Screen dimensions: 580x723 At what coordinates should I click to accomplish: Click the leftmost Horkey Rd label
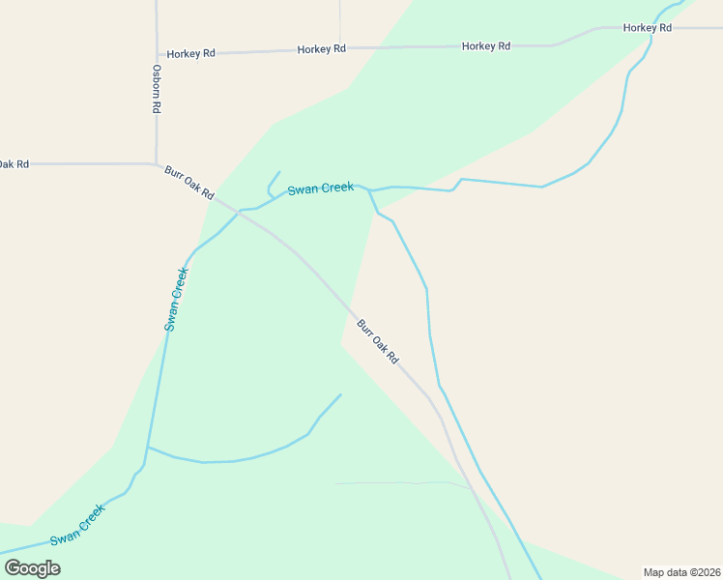click(190, 54)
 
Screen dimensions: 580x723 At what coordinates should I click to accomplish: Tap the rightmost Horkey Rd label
click(647, 28)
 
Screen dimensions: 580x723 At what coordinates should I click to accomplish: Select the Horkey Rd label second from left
click(322, 49)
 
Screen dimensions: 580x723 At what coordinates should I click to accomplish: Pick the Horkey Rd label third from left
click(485, 46)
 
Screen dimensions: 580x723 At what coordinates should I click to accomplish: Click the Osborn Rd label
click(156, 89)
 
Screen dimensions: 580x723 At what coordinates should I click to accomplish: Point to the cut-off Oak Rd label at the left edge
click(14, 164)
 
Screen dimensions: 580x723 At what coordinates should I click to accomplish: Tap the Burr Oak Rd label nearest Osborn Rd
click(188, 182)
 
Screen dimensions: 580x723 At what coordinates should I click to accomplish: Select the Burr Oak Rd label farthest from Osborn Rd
click(378, 341)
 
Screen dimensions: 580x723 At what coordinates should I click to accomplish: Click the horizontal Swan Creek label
click(320, 188)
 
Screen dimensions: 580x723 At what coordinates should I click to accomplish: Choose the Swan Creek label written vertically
click(175, 299)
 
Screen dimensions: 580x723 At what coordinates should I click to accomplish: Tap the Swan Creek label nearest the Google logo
click(77, 524)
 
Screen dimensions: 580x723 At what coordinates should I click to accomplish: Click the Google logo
click(33, 567)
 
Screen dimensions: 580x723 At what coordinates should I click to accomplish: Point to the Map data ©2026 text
click(681, 571)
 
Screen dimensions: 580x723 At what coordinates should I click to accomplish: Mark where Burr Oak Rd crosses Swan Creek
click(238, 211)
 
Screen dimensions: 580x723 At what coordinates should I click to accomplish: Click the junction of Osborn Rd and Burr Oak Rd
click(156, 164)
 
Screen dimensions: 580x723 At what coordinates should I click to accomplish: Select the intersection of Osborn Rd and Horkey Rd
click(156, 54)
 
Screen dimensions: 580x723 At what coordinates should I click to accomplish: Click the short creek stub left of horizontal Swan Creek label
click(272, 185)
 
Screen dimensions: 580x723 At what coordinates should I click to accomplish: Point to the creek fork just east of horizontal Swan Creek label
click(369, 190)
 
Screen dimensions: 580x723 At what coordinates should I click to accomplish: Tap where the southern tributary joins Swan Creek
click(147, 448)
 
